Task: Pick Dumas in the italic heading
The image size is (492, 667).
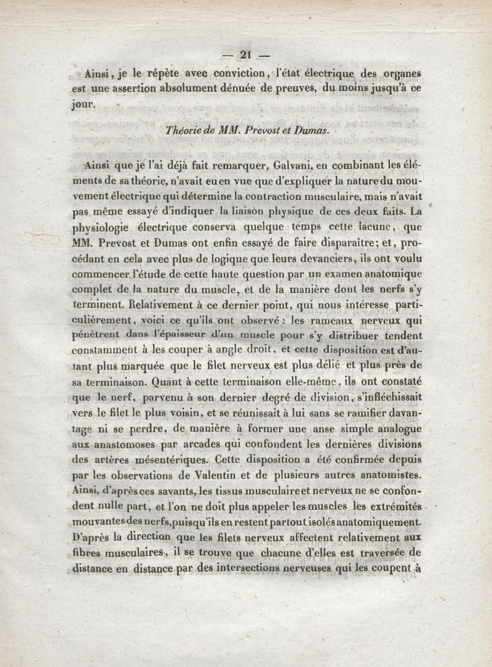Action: pyautogui.click(x=311, y=130)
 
